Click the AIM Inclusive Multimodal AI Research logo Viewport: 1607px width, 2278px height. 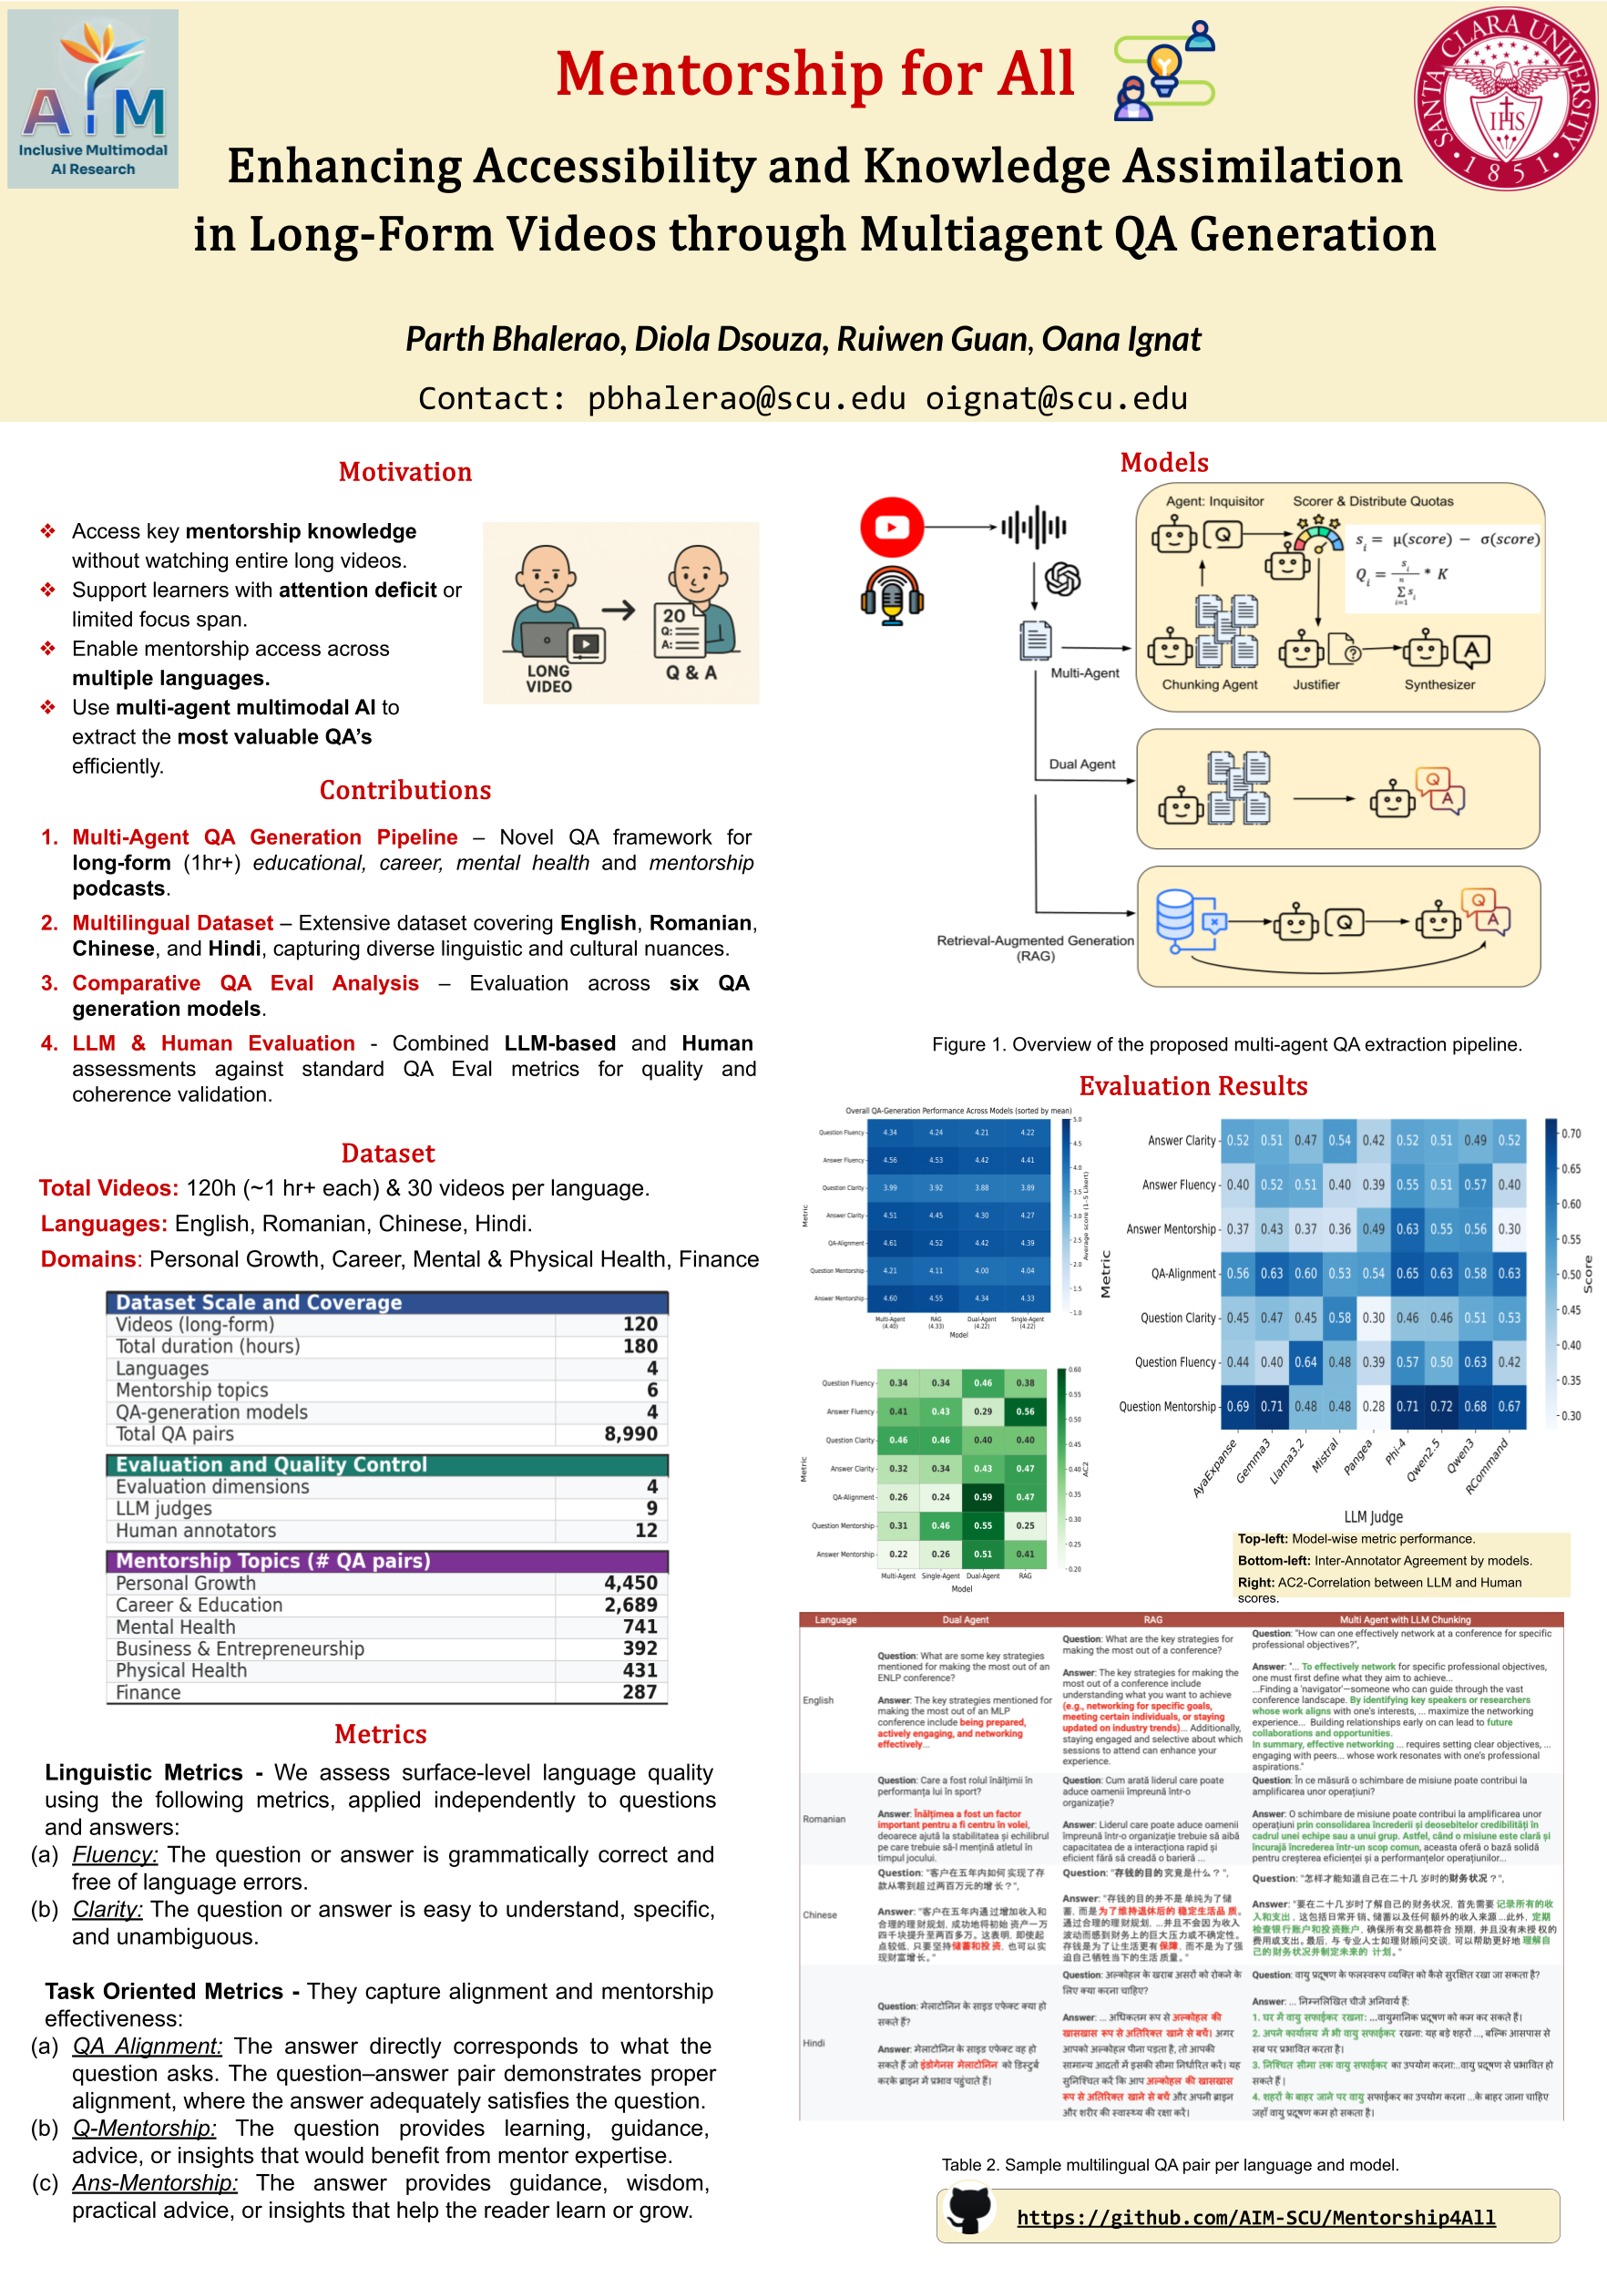[93, 99]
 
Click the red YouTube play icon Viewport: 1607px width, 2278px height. [892, 527]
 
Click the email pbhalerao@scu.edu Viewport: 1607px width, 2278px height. [746, 399]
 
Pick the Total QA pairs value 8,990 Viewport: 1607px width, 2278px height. [631, 1433]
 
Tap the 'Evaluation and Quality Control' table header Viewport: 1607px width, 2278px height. [271, 1464]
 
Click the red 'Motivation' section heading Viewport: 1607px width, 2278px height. [404, 472]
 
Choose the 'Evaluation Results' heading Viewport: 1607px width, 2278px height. [1192, 1085]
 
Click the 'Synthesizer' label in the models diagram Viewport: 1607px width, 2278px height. [1439, 684]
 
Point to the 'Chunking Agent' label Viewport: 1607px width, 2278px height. [1209, 684]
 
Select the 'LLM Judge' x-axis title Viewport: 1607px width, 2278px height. [1373, 1517]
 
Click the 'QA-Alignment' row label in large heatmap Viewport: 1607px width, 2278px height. [1182, 1274]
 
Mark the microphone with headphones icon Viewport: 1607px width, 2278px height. [892, 595]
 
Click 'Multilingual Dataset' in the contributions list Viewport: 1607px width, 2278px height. [172, 924]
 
